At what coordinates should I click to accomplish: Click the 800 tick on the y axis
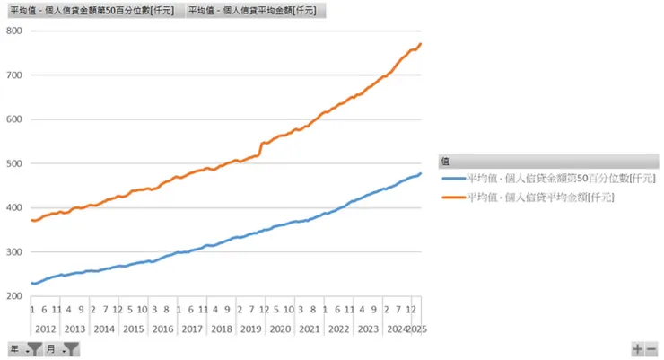pyautogui.click(x=13, y=31)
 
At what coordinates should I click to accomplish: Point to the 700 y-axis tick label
pyautogui.click(x=13, y=75)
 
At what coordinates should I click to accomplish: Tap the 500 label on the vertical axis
pyautogui.click(x=13, y=163)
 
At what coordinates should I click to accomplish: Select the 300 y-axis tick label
pyautogui.click(x=13, y=252)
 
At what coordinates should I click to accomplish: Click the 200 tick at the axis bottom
pyautogui.click(x=13, y=296)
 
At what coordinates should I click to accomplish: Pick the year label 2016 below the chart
pyautogui.click(x=162, y=329)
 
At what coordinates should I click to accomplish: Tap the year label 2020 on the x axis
pyautogui.click(x=280, y=329)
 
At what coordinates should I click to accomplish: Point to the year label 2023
pyautogui.click(x=368, y=329)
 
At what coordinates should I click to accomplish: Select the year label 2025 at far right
pyautogui.click(x=417, y=329)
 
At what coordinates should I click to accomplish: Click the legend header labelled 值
pyautogui.click(x=446, y=161)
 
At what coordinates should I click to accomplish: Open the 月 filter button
pyautogui.click(x=63, y=348)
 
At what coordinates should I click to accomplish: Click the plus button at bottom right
pyautogui.click(x=638, y=349)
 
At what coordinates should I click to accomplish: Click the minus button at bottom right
pyautogui.click(x=651, y=349)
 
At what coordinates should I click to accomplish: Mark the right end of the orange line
pyautogui.click(x=421, y=44)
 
